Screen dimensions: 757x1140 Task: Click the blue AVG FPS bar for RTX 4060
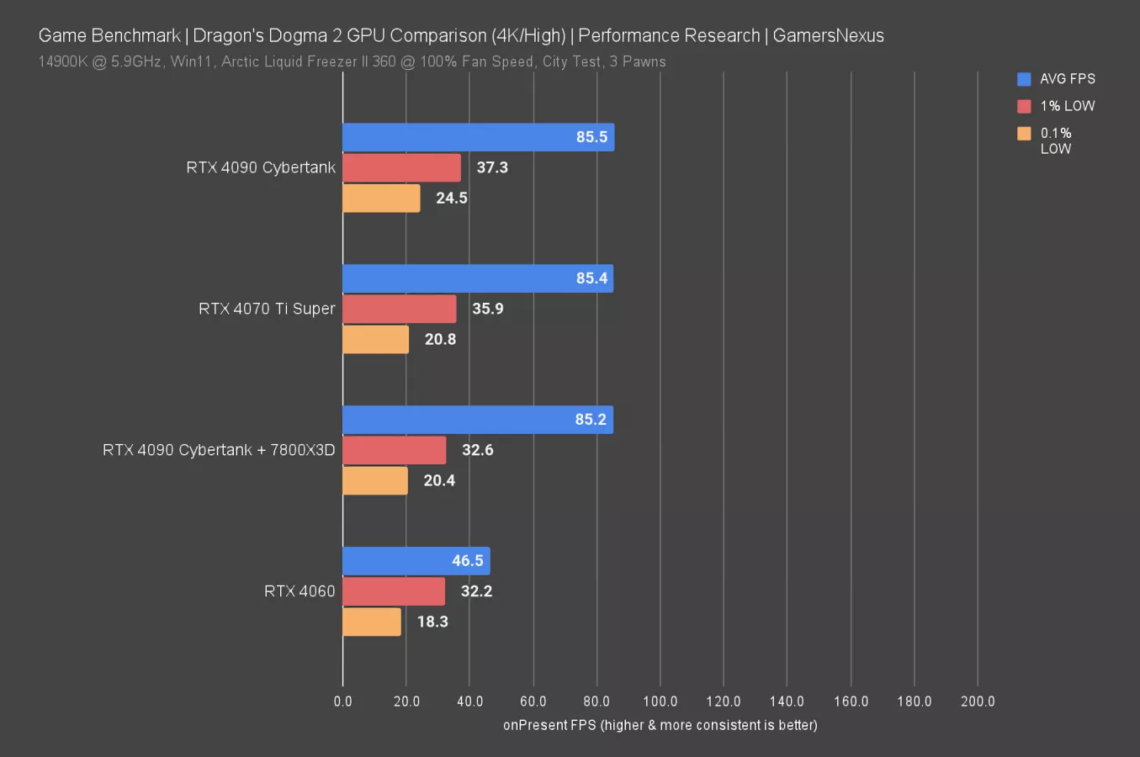pyautogui.click(x=416, y=561)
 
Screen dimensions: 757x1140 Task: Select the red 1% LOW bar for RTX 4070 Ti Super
pyautogui.click(x=400, y=309)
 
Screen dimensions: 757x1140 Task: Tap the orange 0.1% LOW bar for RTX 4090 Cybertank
pyautogui.click(x=381, y=199)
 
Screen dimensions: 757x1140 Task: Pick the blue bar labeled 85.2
pyautogui.click(x=477, y=420)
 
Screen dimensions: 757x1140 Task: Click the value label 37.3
pyautogui.click(x=492, y=167)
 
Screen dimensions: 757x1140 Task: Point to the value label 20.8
pyautogui.click(x=440, y=339)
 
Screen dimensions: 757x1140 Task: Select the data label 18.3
pyautogui.click(x=432, y=622)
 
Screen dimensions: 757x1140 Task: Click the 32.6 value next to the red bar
pyautogui.click(x=477, y=450)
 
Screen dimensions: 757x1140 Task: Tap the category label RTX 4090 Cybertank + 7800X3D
pyautogui.click(x=219, y=450)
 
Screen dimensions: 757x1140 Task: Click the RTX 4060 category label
pyautogui.click(x=300, y=591)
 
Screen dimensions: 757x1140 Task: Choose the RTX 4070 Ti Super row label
pyautogui.click(x=267, y=309)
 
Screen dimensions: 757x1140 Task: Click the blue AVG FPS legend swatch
pyautogui.click(x=1024, y=79)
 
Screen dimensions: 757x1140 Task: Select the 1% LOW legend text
pyautogui.click(x=1067, y=106)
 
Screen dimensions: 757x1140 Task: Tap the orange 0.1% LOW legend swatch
pyautogui.click(x=1024, y=133)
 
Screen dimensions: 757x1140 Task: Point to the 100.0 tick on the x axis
pyautogui.click(x=660, y=701)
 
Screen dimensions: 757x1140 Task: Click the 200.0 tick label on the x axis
pyautogui.click(x=977, y=701)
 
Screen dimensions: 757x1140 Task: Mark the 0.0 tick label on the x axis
pyautogui.click(x=342, y=701)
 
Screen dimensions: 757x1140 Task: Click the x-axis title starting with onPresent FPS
pyautogui.click(x=660, y=725)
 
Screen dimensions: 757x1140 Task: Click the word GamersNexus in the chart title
pyautogui.click(x=828, y=35)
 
